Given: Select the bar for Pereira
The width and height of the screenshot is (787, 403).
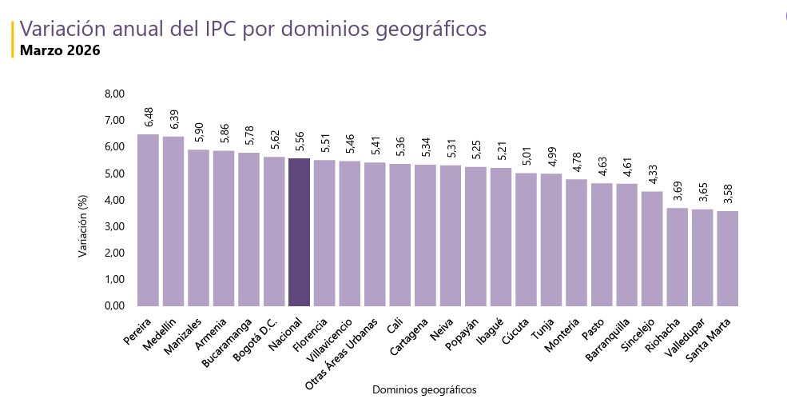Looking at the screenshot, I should click(x=148, y=220).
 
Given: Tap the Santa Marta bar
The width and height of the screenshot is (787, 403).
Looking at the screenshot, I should click(x=727, y=258).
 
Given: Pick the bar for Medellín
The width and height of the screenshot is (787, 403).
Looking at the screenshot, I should click(x=173, y=221).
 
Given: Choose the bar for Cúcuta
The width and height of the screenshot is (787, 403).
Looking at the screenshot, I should click(x=526, y=240).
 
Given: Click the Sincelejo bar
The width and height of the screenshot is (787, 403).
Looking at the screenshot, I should click(x=652, y=249).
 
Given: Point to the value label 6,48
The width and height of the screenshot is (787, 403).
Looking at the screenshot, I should click(x=149, y=117).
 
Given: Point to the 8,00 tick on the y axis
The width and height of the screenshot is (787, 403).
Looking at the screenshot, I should click(x=115, y=94).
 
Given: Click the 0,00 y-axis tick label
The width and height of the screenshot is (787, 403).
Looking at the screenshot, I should click(x=115, y=305).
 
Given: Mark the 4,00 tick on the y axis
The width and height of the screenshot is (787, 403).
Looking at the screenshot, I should click(x=115, y=200).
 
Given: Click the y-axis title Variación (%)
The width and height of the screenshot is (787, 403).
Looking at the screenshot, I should click(x=82, y=227).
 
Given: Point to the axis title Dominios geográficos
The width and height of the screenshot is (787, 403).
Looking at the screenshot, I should click(x=424, y=389).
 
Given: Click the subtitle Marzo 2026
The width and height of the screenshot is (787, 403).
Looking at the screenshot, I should click(x=60, y=50).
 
